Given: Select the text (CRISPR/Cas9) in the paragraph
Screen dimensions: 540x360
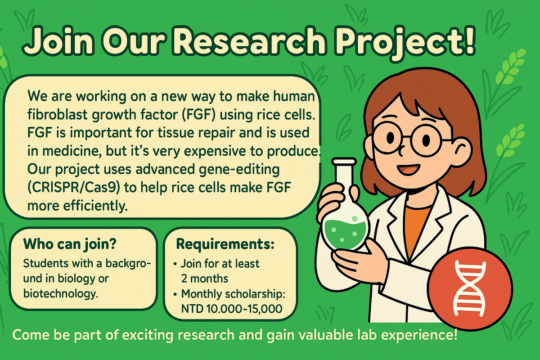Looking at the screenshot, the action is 74,188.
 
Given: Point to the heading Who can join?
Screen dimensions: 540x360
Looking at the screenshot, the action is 70,244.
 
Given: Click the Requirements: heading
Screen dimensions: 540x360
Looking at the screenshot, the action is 225,244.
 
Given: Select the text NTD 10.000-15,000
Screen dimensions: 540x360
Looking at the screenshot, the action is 232,309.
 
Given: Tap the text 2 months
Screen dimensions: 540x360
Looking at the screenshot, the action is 205,279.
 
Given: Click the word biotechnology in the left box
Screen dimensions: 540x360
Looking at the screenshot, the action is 60,294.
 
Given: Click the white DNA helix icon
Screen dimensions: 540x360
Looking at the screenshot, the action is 469,288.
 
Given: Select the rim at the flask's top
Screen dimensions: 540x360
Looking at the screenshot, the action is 344,161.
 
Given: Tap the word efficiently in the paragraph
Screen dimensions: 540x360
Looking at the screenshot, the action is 95,206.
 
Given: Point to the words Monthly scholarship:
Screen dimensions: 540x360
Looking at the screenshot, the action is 233,294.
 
